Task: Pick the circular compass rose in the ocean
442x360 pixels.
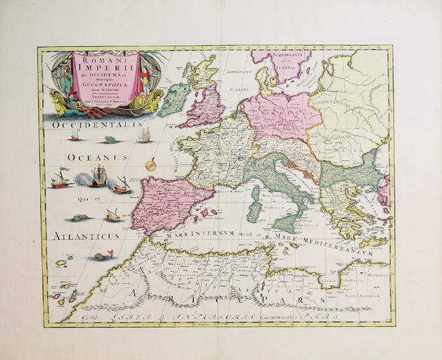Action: coord(149,166)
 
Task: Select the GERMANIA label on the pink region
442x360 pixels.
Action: coord(280,112)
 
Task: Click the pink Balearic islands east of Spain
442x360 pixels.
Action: coord(207,212)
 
